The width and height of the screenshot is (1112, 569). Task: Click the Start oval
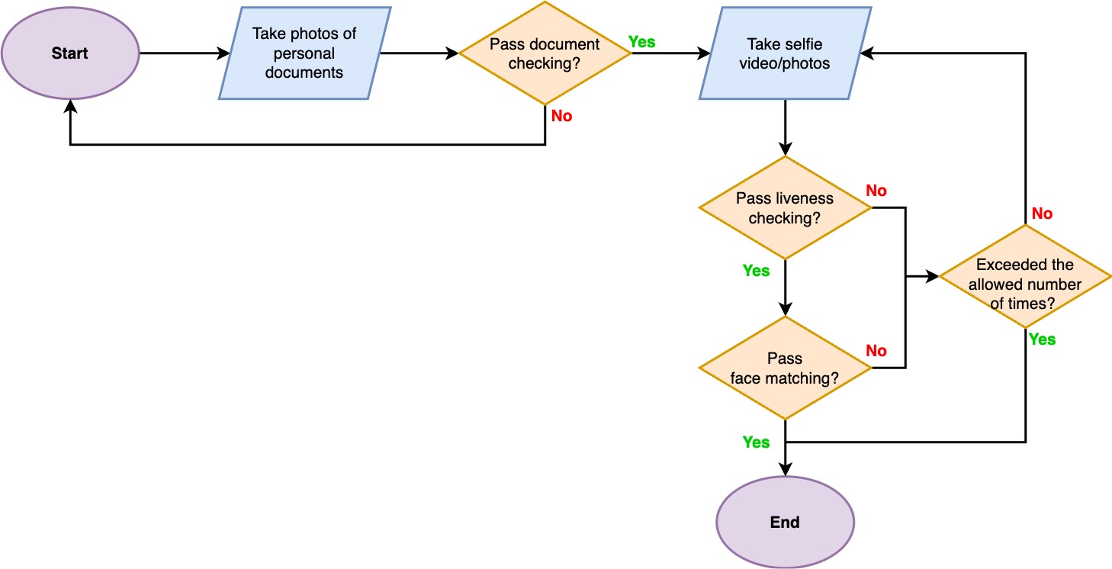click(x=69, y=53)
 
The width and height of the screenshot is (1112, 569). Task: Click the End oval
click(x=785, y=522)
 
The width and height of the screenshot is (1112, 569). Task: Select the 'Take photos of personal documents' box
click(x=305, y=53)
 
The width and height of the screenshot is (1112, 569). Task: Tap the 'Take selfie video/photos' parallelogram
click(x=785, y=53)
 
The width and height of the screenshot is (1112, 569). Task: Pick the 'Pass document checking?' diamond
click(x=545, y=53)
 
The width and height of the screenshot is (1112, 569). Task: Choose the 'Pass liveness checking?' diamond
click(x=785, y=208)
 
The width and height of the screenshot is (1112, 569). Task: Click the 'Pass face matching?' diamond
click(x=785, y=368)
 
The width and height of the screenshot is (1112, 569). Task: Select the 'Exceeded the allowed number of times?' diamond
click(x=1024, y=276)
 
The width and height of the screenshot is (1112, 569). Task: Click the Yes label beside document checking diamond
click(x=641, y=42)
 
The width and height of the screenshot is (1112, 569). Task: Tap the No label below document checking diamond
click(x=561, y=117)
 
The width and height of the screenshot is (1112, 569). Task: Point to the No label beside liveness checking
click(x=876, y=191)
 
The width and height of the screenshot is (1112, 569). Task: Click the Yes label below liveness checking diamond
click(x=756, y=271)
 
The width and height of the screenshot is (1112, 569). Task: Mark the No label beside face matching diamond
click(x=876, y=351)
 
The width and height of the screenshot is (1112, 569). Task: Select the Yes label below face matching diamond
click(x=756, y=442)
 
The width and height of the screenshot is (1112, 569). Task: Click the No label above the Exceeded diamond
click(x=1042, y=214)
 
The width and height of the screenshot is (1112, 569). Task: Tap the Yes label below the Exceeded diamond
click(x=1042, y=339)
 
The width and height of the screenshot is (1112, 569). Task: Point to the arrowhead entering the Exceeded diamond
click(x=932, y=277)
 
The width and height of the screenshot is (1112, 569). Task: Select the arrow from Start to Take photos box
click(x=183, y=53)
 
